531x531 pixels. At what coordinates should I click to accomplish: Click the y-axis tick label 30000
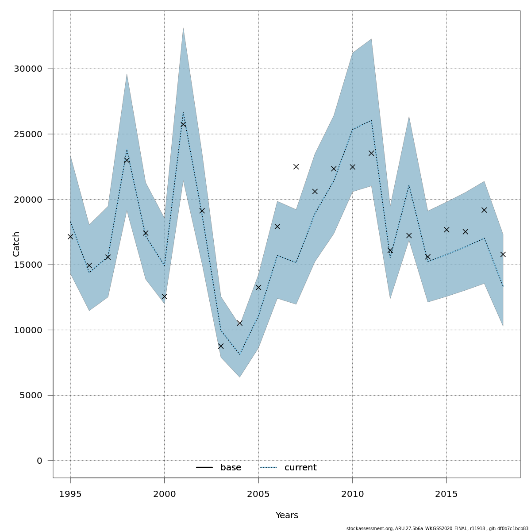click(28, 69)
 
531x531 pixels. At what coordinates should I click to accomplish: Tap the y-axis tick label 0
click(39, 461)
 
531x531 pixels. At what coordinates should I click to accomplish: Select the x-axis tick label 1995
click(70, 494)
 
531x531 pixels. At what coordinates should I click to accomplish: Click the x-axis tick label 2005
click(258, 494)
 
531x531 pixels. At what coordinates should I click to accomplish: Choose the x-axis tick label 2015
click(446, 494)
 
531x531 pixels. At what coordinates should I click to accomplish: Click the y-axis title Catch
click(16, 244)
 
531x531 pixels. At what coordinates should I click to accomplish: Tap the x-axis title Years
click(287, 516)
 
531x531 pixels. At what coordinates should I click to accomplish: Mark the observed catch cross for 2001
click(183, 124)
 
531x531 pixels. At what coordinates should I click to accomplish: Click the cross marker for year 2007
click(296, 167)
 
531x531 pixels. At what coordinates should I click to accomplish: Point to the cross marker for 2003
click(221, 346)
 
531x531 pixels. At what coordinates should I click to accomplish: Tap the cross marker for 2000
click(164, 296)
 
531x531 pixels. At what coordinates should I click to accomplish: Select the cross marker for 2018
click(503, 254)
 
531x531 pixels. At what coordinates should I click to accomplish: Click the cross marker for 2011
click(371, 153)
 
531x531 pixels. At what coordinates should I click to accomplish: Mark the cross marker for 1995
click(70, 237)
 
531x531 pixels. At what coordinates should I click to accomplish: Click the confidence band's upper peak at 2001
click(183, 28)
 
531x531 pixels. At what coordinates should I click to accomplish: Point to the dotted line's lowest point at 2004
click(239, 354)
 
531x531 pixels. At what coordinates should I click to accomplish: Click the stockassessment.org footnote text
click(437, 528)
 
